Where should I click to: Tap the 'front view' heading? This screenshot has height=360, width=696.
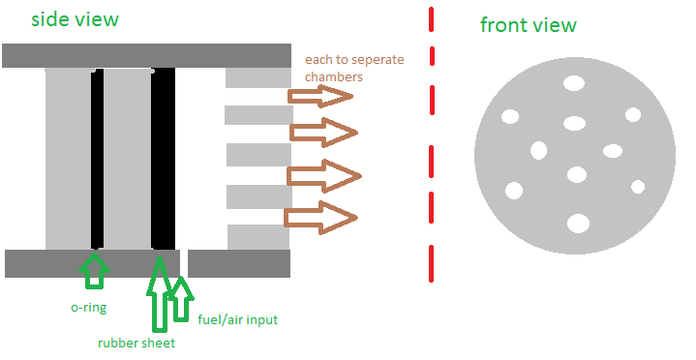coord(528,25)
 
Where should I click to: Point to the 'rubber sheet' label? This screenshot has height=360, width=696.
coord(136,343)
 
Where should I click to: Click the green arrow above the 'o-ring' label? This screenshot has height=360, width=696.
coord(94,270)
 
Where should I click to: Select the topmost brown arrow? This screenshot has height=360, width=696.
coord(319,95)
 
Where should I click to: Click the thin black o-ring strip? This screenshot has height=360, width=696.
coord(97,158)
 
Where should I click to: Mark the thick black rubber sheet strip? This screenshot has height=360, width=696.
coord(164,158)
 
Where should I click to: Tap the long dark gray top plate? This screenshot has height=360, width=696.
coord(146,55)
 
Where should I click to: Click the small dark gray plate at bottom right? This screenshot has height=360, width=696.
coord(239,263)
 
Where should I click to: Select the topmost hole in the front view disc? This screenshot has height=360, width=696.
coord(574,83)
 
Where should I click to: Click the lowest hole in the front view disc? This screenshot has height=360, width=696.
coord(578,224)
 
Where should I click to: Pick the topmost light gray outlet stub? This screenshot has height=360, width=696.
coord(257,78)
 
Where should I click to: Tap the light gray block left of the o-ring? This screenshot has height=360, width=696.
coord(68,158)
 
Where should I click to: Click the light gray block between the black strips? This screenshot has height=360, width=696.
coord(127,158)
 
